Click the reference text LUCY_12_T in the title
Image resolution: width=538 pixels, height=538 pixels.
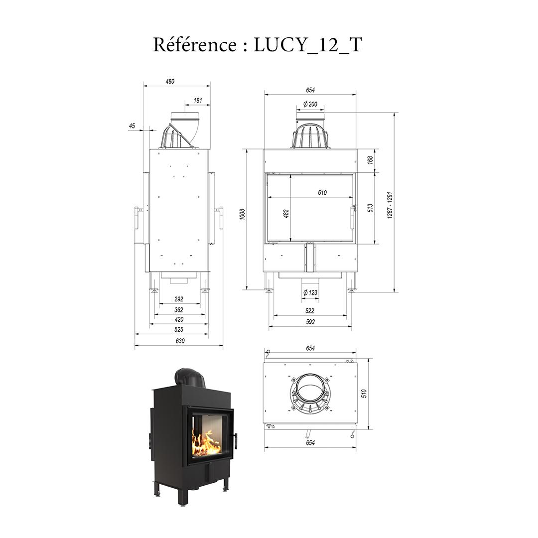click(x=307, y=45)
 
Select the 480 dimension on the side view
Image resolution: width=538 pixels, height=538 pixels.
click(x=170, y=81)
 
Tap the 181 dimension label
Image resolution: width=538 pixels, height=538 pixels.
click(x=197, y=101)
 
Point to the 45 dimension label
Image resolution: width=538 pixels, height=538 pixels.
click(x=132, y=126)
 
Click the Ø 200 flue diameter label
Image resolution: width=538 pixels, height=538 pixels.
click(x=310, y=104)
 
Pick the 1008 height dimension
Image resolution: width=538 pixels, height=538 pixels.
click(x=243, y=214)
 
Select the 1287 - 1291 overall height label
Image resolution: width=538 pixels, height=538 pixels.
click(x=390, y=205)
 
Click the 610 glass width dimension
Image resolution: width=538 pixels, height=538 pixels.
click(x=322, y=193)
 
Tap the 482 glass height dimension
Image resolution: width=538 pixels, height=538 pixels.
click(x=286, y=213)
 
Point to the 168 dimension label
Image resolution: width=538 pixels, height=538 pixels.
click(x=370, y=160)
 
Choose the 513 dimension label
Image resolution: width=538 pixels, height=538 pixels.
click(x=370, y=208)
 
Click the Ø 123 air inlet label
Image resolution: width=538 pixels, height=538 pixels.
click(x=310, y=293)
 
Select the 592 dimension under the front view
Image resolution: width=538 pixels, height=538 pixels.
click(x=310, y=322)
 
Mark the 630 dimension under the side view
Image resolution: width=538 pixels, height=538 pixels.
click(x=180, y=341)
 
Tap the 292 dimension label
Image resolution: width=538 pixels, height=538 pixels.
click(x=179, y=299)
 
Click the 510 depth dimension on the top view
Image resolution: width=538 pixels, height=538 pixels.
click(x=364, y=394)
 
